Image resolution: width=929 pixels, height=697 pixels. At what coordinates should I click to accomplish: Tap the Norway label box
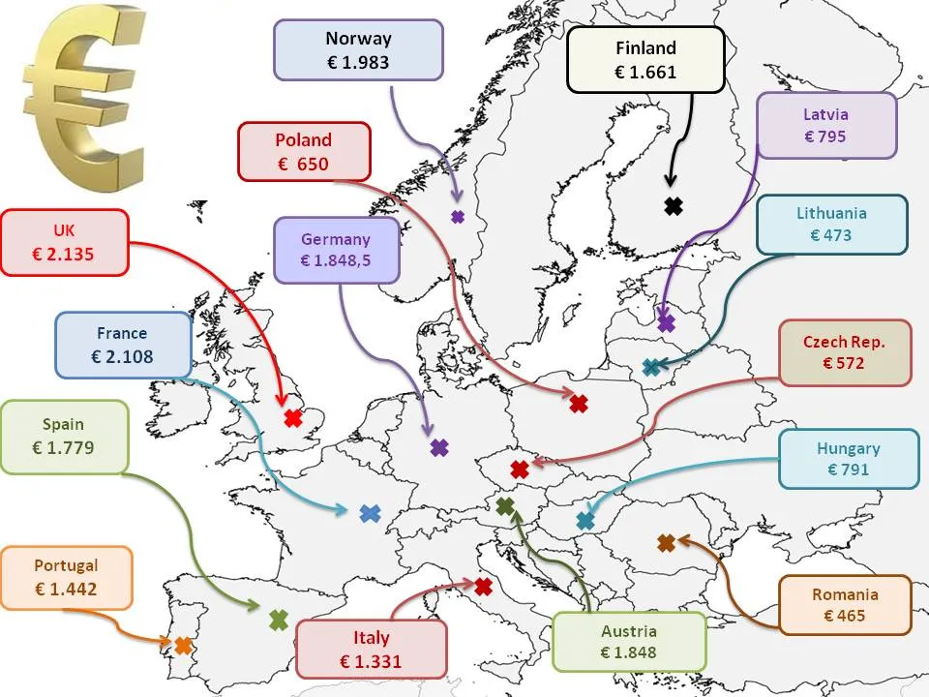pyautogui.click(x=358, y=50)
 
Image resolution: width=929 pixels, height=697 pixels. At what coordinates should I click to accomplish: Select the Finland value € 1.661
pyautogui.click(x=645, y=71)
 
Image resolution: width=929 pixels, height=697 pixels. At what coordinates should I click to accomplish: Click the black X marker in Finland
pyautogui.click(x=674, y=205)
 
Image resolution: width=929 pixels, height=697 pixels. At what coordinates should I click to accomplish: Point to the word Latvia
pyautogui.click(x=825, y=115)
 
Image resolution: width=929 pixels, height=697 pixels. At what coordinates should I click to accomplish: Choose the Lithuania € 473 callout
pyautogui.click(x=831, y=224)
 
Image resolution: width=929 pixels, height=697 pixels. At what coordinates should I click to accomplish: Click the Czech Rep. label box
pyautogui.click(x=844, y=352)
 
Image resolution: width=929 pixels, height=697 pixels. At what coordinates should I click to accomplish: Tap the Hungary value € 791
pyautogui.click(x=848, y=470)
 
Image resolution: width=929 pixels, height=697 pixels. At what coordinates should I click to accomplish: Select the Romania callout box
pyautogui.click(x=845, y=605)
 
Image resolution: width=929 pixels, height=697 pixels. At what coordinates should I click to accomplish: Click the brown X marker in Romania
pyautogui.click(x=666, y=543)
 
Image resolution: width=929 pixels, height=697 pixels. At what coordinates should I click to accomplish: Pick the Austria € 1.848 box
pyautogui.click(x=628, y=642)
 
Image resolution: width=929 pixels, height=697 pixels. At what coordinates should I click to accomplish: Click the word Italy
pyautogui.click(x=371, y=638)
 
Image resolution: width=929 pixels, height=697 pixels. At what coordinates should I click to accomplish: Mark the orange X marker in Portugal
pyautogui.click(x=182, y=644)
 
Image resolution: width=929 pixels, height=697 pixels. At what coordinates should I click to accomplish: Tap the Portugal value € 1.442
pyautogui.click(x=66, y=589)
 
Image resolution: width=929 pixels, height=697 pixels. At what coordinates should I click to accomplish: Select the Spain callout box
pyautogui.click(x=64, y=436)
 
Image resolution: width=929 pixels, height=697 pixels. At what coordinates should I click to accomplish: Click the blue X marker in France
pyautogui.click(x=370, y=514)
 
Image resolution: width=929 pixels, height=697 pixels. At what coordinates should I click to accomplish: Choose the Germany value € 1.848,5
pyautogui.click(x=335, y=260)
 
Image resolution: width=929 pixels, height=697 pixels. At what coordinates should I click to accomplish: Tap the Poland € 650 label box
pyautogui.click(x=304, y=151)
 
